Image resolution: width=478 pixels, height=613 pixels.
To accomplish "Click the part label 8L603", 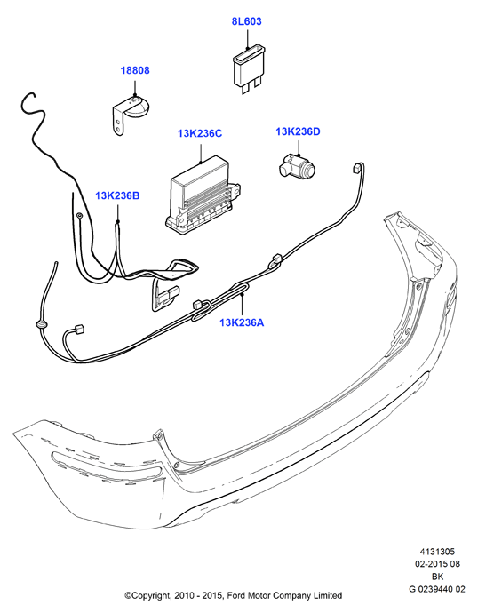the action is (246, 21).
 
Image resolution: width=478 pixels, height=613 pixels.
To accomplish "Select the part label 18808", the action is (135, 70).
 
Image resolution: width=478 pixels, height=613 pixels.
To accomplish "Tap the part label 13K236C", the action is (200, 133).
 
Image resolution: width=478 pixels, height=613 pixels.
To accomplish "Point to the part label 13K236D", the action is (298, 131).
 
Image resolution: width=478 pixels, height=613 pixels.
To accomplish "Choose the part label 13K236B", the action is (117, 195).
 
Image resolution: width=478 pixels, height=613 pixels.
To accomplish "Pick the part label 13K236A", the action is (242, 322).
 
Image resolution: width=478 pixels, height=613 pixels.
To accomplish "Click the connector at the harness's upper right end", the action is (356, 167).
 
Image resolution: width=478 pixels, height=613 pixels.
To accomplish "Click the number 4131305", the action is (437, 552).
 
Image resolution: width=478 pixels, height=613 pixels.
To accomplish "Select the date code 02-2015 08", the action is (437, 564).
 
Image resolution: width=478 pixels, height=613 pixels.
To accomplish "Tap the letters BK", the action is (437, 577).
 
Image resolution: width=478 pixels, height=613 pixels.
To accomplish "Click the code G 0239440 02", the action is (437, 589).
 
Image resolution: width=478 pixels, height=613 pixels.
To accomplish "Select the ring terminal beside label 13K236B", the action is (79, 215).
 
